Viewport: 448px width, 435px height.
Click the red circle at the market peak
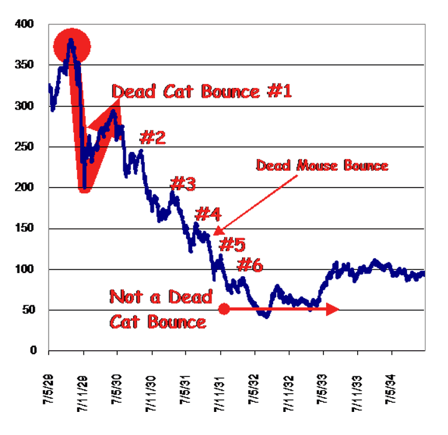point(72,46)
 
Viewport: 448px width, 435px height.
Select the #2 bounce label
point(152,138)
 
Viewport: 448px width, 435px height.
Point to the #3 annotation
point(182,184)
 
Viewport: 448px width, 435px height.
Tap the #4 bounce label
point(208,214)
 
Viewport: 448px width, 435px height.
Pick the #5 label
point(233,243)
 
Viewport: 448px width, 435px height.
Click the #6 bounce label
point(250,265)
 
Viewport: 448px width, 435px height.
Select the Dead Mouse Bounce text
point(322,165)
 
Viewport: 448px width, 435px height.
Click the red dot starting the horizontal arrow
point(225,308)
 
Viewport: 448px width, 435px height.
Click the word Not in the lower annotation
point(128,296)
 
